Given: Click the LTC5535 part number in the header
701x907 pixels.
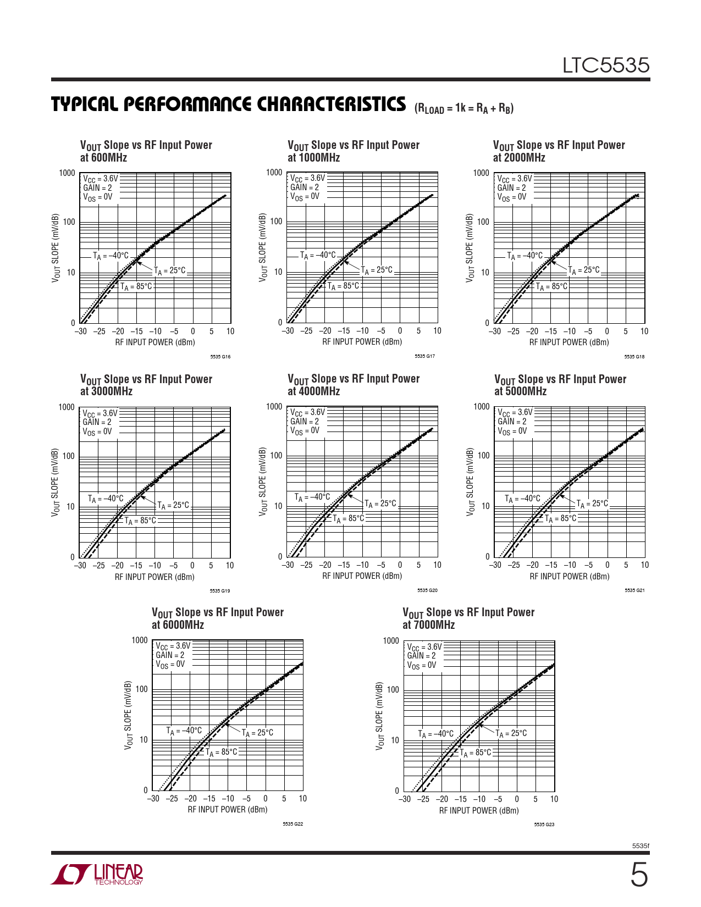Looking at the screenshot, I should pyautogui.click(x=605, y=65).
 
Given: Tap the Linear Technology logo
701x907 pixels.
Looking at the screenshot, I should pyautogui.click(x=97, y=873).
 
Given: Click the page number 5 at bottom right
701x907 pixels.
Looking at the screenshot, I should pyautogui.click(x=638, y=875).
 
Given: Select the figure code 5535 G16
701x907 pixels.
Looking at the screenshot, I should pyautogui.click(x=220, y=357).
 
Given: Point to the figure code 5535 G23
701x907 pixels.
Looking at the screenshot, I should pyautogui.click(x=544, y=825).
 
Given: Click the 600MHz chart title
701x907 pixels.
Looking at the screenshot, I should pyautogui.click(x=146, y=151).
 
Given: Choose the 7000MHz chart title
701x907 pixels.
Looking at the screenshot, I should pyautogui.click(x=468, y=618).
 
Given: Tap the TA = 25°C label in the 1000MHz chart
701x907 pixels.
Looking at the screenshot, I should pyautogui.click(x=377, y=270).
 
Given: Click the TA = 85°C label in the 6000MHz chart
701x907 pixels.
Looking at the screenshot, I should pyautogui.click(x=222, y=752).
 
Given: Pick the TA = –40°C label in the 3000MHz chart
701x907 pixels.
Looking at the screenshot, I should pyautogui.click(x=106, y=499).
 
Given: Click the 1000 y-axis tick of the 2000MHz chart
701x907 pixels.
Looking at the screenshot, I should pyautogui.click(x=481, y=173).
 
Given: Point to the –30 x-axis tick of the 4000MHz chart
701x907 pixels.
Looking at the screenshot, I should pyautogui.click(x=288, y=565).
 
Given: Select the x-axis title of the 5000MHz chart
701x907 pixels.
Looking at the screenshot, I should pyautogui.click(x=569, y=577).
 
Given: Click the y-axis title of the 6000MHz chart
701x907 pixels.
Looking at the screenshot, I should pyautogui.click(x=129, y=715).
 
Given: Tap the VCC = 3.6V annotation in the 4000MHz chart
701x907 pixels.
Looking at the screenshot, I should pyautogui.click(x=307, y=412).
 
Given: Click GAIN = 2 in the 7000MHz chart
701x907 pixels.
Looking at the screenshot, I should pyautogui.click(x=421, y=656).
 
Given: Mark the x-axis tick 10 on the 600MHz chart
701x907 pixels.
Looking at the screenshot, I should pyautogui.click(x=230, y=331).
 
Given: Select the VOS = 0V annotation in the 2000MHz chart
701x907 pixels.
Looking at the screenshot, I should pyautogui.click(x=511, y=197).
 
